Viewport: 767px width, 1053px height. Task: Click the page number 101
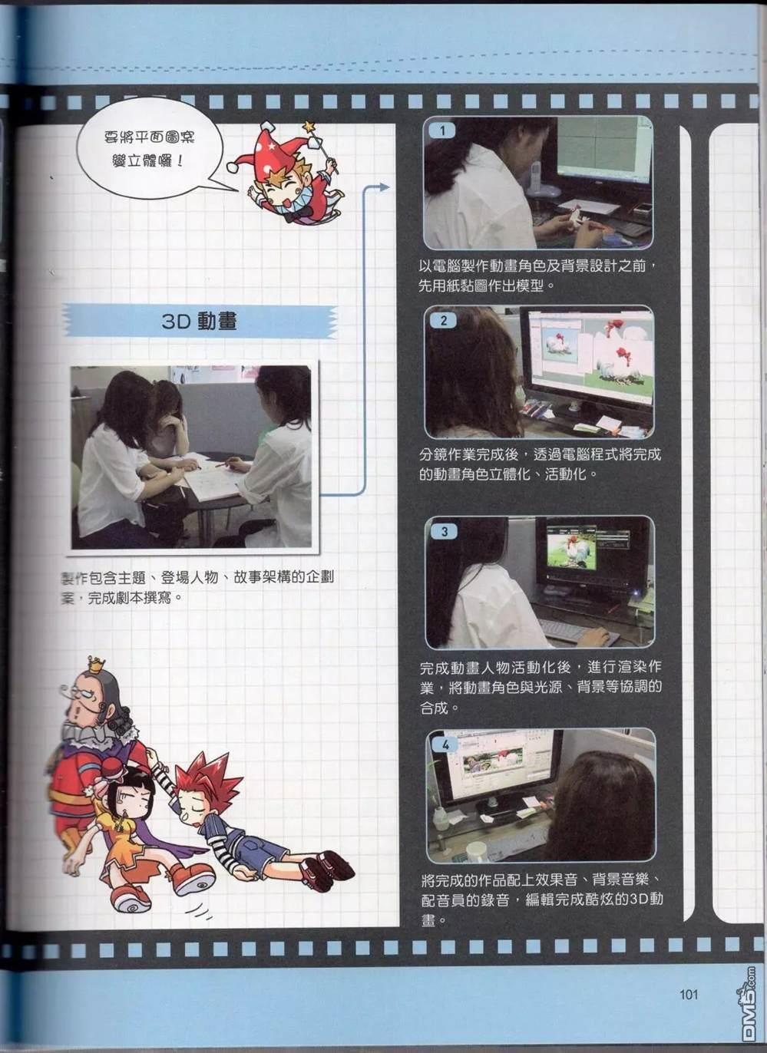[688, 995]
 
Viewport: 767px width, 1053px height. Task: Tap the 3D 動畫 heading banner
[200, 321]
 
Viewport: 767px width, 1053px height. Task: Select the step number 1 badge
[442, 130]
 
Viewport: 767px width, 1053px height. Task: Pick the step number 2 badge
[444, 321]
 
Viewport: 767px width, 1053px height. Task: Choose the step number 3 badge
[445, 531]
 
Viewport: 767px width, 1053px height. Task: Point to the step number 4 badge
[445, 744]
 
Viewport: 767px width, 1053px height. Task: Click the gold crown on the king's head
[97, 664]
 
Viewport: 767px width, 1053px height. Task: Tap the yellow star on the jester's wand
[309, 127]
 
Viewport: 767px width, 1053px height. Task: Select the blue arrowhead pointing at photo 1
[384, 187]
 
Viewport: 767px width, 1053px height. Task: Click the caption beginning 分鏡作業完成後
[540, 464]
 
